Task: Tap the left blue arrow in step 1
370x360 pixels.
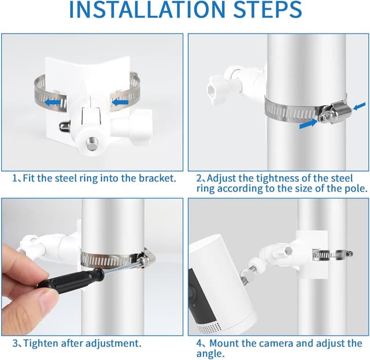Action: tap(54, 102)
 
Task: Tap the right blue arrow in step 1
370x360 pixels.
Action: tap(119, 102)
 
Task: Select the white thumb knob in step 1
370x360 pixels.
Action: tap(134, 124)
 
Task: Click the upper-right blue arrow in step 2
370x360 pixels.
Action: tap(358, 106)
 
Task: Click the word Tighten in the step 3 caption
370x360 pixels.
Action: tap(43, 343)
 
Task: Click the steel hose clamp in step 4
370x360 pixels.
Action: tap(333, 254)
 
